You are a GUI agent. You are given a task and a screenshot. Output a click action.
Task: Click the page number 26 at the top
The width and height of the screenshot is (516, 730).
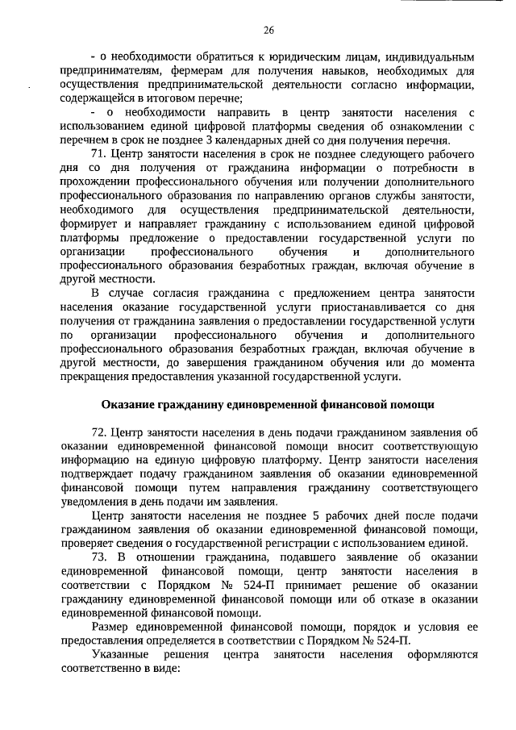[269, 30]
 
